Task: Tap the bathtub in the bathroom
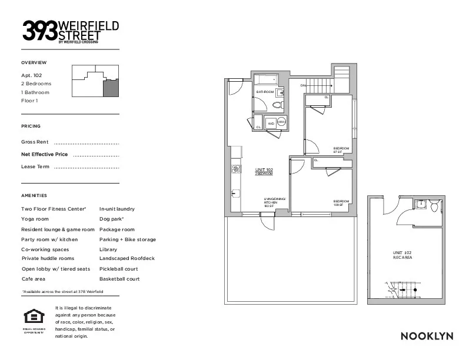coord(268,79)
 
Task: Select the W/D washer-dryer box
coord(271,124)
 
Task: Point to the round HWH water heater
coord(282,122)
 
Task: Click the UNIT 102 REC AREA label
coord(402,255)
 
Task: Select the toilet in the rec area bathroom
coord(434,206)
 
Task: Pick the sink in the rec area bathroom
coord(420,205)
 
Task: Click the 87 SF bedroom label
coord(341,150)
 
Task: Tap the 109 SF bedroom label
coord(341,202)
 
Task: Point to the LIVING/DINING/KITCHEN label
coord(274,202)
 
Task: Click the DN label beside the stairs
coord(303,86)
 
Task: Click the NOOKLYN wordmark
coord(427,336)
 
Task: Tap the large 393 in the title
coord(40,31)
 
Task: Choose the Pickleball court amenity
coord(119,269)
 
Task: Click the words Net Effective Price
coord(45,154)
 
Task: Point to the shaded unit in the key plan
coord(111,89)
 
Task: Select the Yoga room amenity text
coord(35,219)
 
